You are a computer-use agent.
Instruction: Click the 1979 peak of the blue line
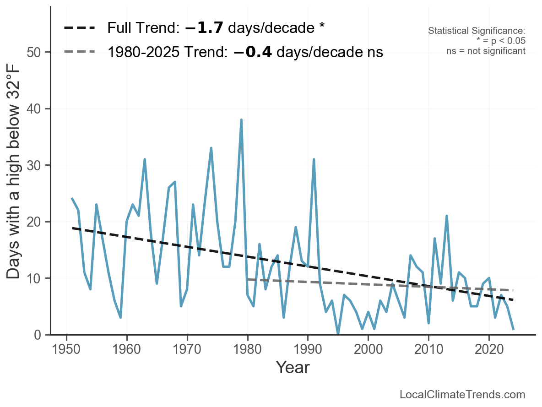point(241,120)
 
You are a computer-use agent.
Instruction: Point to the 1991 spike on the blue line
point(314,159)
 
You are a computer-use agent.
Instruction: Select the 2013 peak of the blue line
point(446,216)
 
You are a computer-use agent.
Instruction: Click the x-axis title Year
point(293,368)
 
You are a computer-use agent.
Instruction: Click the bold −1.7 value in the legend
point(204,28)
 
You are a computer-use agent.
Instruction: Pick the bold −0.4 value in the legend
point(253,52)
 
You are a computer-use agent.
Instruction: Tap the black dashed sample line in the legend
point(80,28)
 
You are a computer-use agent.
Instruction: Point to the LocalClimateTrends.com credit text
point(462,395)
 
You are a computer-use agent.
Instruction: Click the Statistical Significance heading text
point(477,31)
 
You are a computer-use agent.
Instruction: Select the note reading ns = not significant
point(486,51)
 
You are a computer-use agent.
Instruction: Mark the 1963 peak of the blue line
point(145,159)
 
